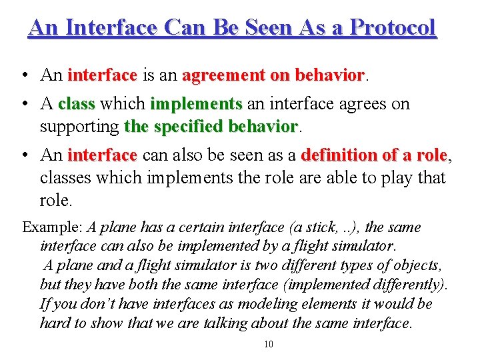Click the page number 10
pos(269,344)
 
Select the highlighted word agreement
pos(224,75)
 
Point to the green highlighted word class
pos(77,105)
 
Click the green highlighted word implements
pos(196,105)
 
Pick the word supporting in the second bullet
pos(79,126)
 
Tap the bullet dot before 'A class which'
pos(24,105)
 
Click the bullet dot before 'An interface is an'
pos(24,75)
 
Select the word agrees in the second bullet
pos(351,105)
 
